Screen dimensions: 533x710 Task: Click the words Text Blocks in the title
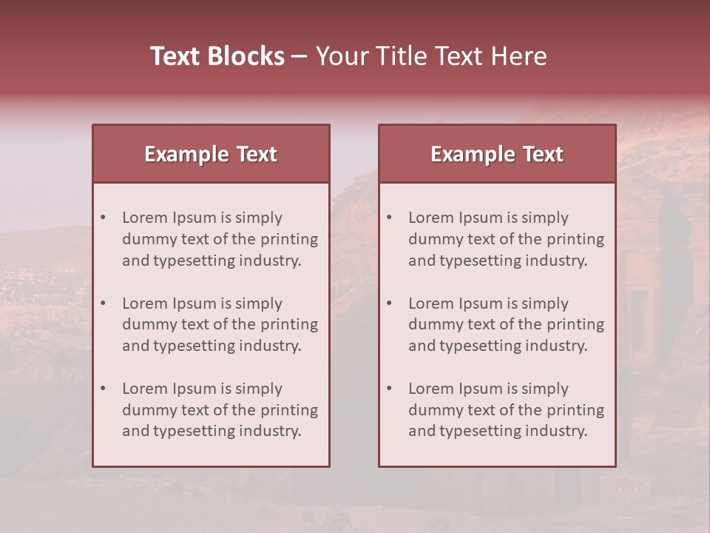[217, 56]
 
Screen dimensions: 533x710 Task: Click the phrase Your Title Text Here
[431, 56]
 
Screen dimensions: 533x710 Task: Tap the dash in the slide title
[300, 57]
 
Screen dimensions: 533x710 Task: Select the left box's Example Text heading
[211, 154]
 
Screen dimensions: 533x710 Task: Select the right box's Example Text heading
[497, 154]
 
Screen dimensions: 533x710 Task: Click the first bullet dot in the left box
[103, 218]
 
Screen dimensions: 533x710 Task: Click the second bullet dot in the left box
[103, 304]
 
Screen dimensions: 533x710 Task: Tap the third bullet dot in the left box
[103, 389]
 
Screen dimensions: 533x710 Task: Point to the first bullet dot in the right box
[389, 218]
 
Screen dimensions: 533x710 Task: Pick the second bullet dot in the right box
[389, 304]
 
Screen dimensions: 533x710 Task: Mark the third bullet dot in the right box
[389, 389]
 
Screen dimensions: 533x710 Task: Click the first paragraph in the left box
[220, 239]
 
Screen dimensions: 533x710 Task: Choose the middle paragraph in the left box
[220, 324]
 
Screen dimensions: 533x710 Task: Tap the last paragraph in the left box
[220, 410]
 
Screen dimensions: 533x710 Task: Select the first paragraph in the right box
[506, 239]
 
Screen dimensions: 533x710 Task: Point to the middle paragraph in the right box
[506, 324]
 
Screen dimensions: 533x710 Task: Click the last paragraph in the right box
[506, 410]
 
